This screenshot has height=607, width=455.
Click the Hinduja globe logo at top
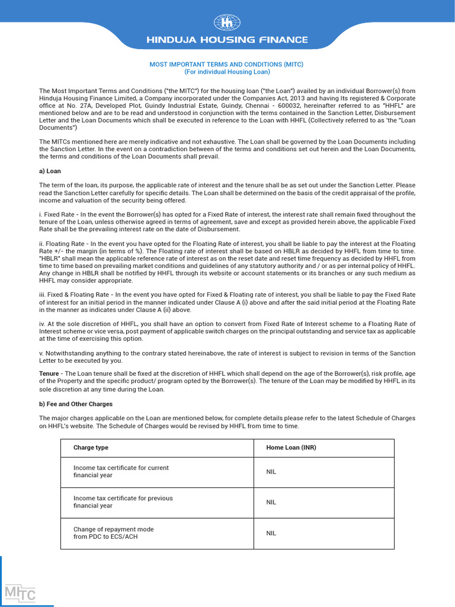[x=227, y=23]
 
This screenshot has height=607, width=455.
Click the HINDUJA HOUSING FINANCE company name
[x=227, y=40]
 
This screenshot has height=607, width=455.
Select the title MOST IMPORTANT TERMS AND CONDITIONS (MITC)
[x=227, y=64]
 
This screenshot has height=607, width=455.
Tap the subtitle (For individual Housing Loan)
[x=227, y=72]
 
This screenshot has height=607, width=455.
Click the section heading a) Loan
[x=50, y=171]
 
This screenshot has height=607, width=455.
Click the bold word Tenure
[x=49, y=373]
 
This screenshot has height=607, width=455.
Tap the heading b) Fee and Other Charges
[x=76, y=404]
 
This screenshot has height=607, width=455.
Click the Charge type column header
[x=91, y=448]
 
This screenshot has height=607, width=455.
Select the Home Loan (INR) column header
[x=291, y=448]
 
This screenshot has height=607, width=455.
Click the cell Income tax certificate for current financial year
[x=121, y=472]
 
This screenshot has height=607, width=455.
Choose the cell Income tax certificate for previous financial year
[x=123, y=502]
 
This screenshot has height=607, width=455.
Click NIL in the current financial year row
[x=271, y=472]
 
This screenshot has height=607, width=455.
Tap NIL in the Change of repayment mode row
[x=271, y=533]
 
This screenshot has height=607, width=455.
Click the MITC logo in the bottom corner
[x=20, y=593]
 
